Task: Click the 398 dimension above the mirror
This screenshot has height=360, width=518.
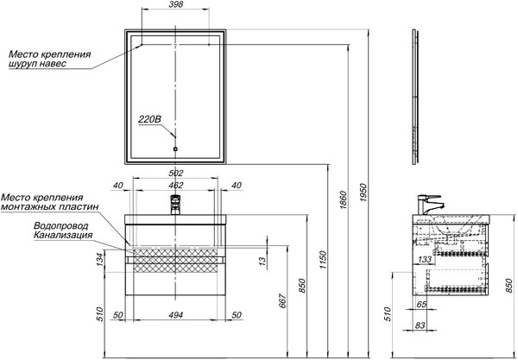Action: (x=175, y=4)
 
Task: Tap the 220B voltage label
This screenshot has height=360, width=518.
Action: (x=149, y=119)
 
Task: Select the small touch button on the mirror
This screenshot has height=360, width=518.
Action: (x=175, y=149)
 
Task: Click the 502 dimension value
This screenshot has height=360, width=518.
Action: (x=176, y=173)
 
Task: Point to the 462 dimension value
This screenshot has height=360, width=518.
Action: (x=176, y=186)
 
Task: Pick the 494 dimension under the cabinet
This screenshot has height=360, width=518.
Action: (x=176, y=315)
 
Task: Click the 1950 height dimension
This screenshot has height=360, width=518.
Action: (x=363, y=193)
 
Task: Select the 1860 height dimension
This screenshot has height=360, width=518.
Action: (x=344, y=199)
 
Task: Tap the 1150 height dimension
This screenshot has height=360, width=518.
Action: (x=323, y=260)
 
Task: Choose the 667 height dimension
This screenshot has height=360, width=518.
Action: (x=283, y=300)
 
